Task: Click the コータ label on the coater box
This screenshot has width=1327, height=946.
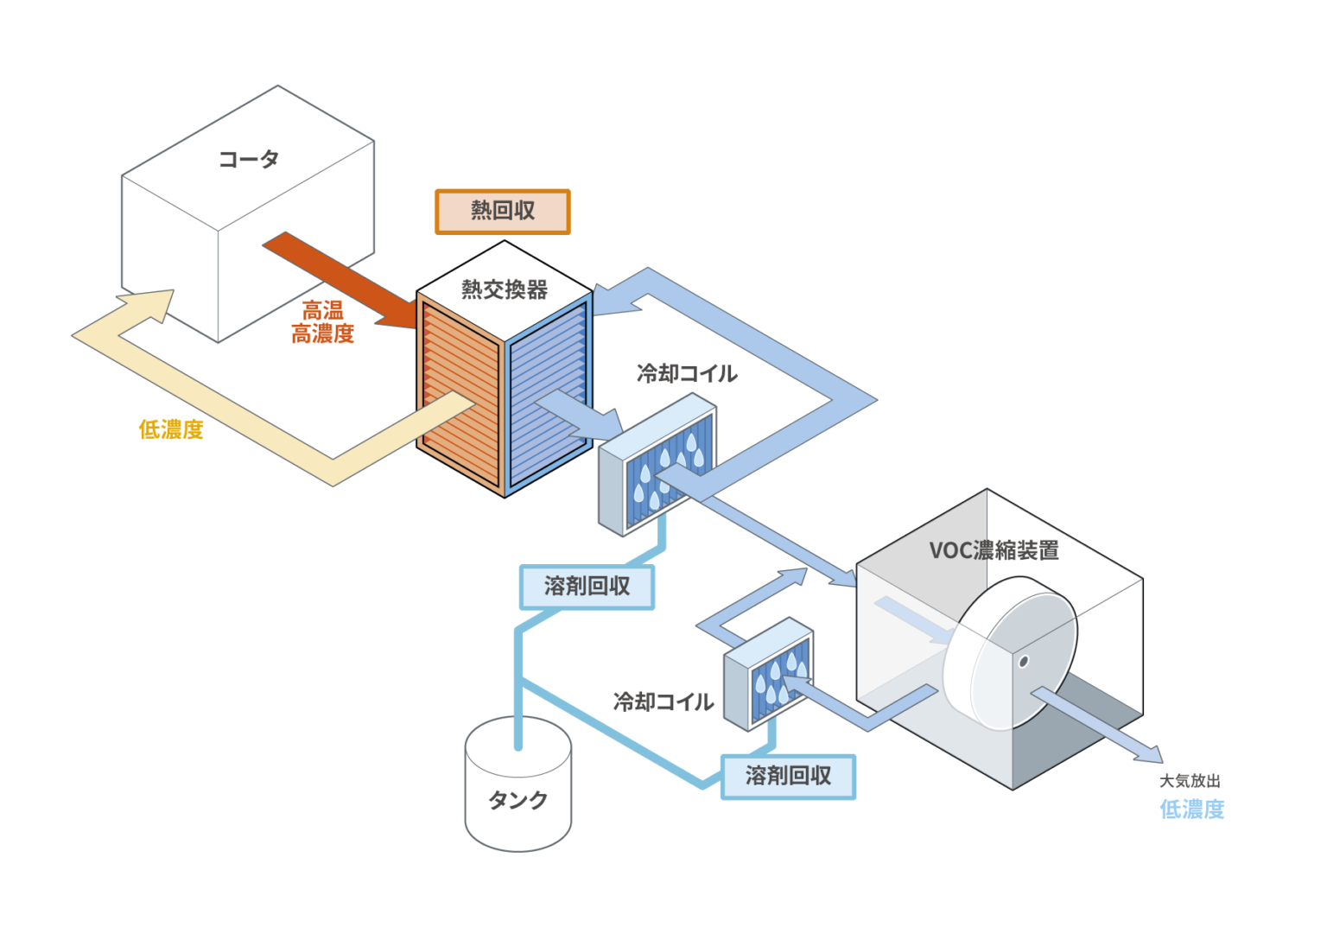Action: pyautogui.click(x=249, y=159)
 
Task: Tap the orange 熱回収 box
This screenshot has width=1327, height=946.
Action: pyautogui.click(x=502, y=212)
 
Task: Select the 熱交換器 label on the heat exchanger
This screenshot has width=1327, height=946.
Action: pyautogui.click(x=505, y=289)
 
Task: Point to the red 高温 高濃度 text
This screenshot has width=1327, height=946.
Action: pyautogui.click(x=322, y=322)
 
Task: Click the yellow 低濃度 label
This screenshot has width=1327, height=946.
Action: pyautogui.click(x=171, y=429)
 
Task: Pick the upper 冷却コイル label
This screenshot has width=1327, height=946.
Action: pyautogui.click(x=687, y=373)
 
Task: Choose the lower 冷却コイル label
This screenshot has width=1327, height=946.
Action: pyautogui.click(x=663, y=702)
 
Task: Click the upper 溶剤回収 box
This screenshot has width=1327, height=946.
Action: pyautogui.click(x=587, y=587)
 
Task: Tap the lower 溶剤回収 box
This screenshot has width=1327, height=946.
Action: pyautogui.click(x=788, y=776)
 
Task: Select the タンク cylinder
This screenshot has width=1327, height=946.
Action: pyautogui.click(x=517, y=790)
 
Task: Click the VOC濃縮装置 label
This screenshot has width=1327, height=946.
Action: pyautogui.click(x=994, y=550)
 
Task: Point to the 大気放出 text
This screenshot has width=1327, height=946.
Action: pyautogui.click(x=1190, y=781)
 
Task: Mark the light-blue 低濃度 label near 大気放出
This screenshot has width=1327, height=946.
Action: pyautogui.click(x=1191, y=809)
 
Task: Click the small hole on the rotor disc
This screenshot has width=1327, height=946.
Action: pyautogui.click(x=1024, y=662)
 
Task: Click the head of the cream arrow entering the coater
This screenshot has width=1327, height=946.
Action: pyautogui.click(x=154, y=302)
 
